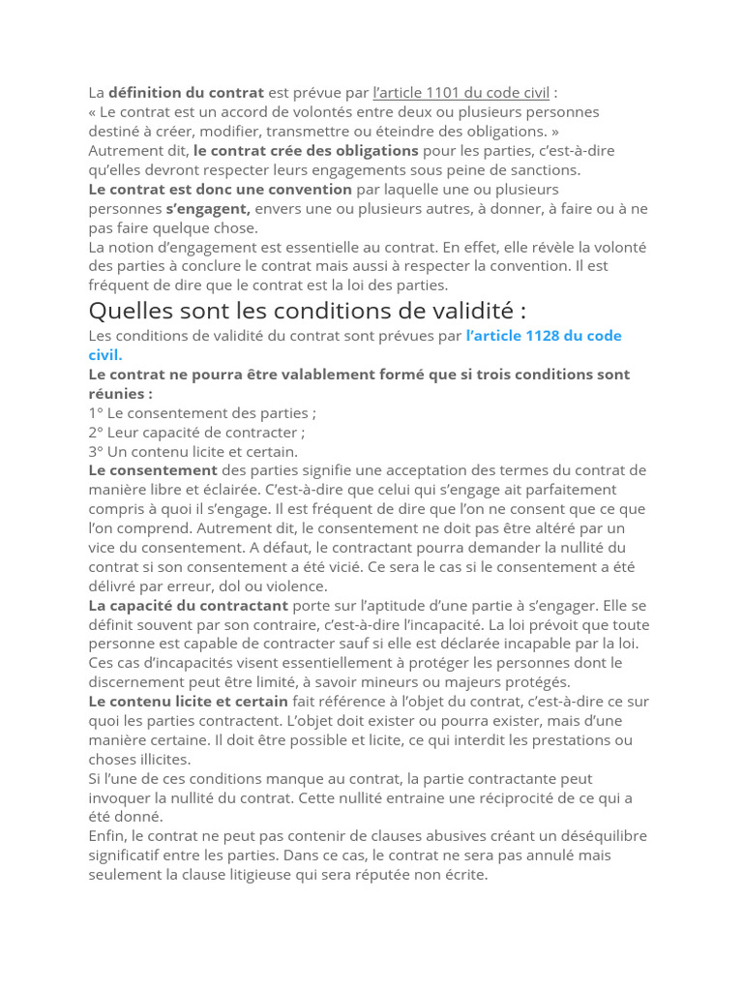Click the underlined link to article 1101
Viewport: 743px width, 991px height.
coord(461,93)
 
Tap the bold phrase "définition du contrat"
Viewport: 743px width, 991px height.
coord(186,93)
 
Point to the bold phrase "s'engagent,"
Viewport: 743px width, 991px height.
coord(208,209)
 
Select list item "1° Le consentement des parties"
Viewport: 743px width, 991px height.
coord(202,412)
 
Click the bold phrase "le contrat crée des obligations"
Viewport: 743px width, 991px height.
coord(306,151)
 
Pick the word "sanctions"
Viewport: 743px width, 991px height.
coord(545,170)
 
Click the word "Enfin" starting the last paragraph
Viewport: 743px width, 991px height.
coord(106,836)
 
